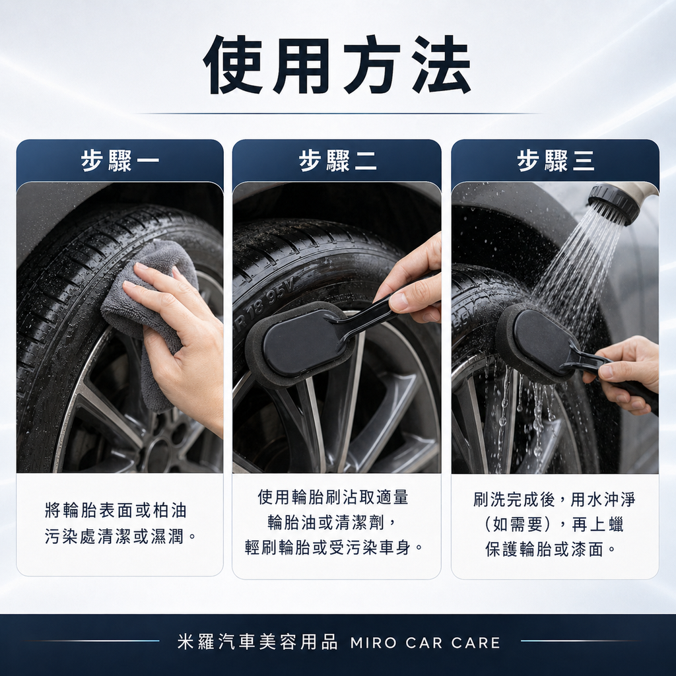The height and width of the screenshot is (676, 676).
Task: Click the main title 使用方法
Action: click(x=337, y=65)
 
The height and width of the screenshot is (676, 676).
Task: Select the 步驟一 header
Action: click(x=120, y=161)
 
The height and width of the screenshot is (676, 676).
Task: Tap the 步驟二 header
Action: click(x=337, y=161)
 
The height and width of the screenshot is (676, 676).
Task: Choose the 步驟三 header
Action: click(x=555, y=161)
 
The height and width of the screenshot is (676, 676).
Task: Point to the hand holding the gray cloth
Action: click(x=182, y=343)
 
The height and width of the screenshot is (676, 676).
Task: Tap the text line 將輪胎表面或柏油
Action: click(x=116, y=510)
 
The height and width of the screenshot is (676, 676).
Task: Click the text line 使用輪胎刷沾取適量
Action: click(x=333, y=498)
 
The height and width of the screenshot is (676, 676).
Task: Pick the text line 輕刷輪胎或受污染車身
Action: click(x=333, y=548)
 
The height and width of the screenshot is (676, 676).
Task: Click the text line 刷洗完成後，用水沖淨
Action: click(x=555, y=500)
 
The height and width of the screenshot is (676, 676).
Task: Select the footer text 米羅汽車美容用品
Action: click(x=257, y=642)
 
